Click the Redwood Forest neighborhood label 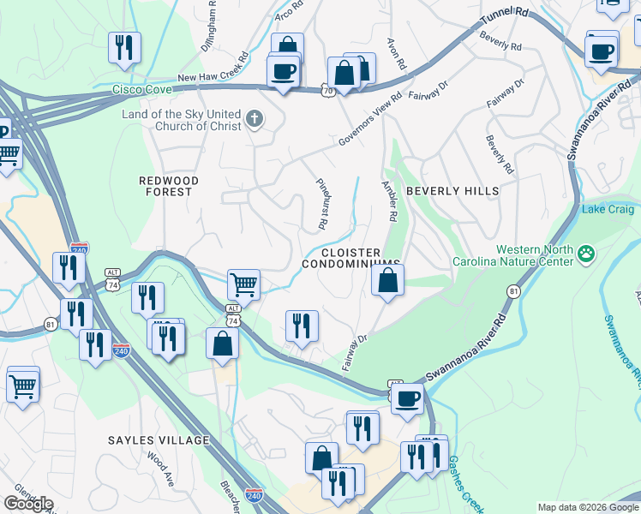[169, 186]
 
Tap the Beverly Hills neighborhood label [452, 191]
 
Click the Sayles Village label [159, 440]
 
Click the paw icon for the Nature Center [586, 253]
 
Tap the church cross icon [254, 119]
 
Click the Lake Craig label [608, 209]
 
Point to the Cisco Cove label [143, 89]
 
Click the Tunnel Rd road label [506, 20]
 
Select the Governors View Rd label [369, 123]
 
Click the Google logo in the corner [28, 504]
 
